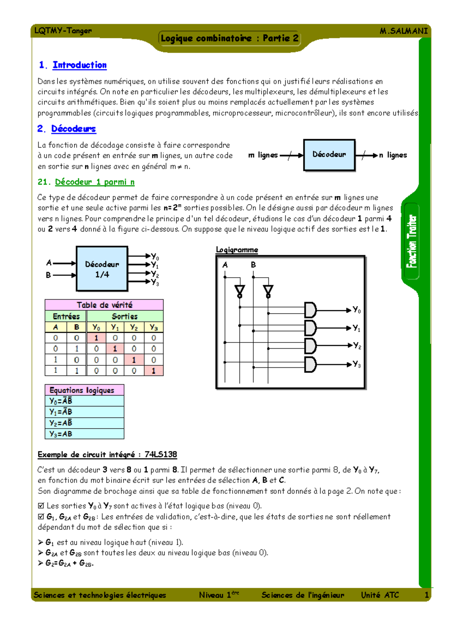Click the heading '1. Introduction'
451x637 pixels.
[73, 65]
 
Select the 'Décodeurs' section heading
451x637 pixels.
[67, 129]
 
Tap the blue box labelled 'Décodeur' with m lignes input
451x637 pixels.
[329, 155]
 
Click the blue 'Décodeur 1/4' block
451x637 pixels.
[102, 269]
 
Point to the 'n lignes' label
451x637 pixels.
[393, 155]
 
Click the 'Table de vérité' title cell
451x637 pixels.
[104, 305]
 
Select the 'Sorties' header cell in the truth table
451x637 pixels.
[124, 316]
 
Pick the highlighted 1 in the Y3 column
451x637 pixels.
[153, 371]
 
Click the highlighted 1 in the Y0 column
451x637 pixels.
[96, 338]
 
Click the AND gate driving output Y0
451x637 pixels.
[310, 310]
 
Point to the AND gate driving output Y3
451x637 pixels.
[310, 364]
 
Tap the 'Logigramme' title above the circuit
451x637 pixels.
[237, 250]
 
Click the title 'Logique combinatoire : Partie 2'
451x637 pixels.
[230, 38]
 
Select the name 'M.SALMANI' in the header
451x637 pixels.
[404, 31]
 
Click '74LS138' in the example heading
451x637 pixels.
[160, 454]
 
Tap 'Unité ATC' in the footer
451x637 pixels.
[380, 595]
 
